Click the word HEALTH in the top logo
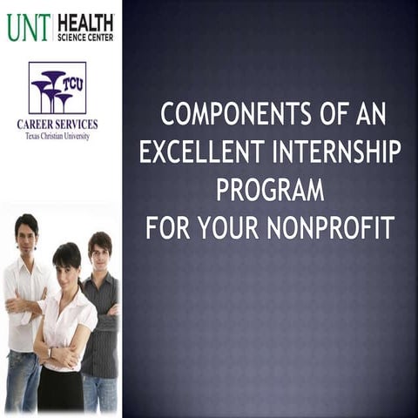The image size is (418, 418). click(85, 21)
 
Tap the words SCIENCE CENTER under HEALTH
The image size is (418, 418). click(85, 37)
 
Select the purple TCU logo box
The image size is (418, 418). click(57, 87)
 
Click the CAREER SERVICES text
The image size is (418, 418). click(57, 125)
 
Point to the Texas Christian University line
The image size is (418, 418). click(57, 136)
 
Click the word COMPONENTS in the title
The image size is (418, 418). click(229, 114)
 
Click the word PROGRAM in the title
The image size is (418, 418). click(270, 190)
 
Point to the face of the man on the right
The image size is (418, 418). click(99, 249)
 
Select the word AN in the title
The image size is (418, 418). click(369, 114)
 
